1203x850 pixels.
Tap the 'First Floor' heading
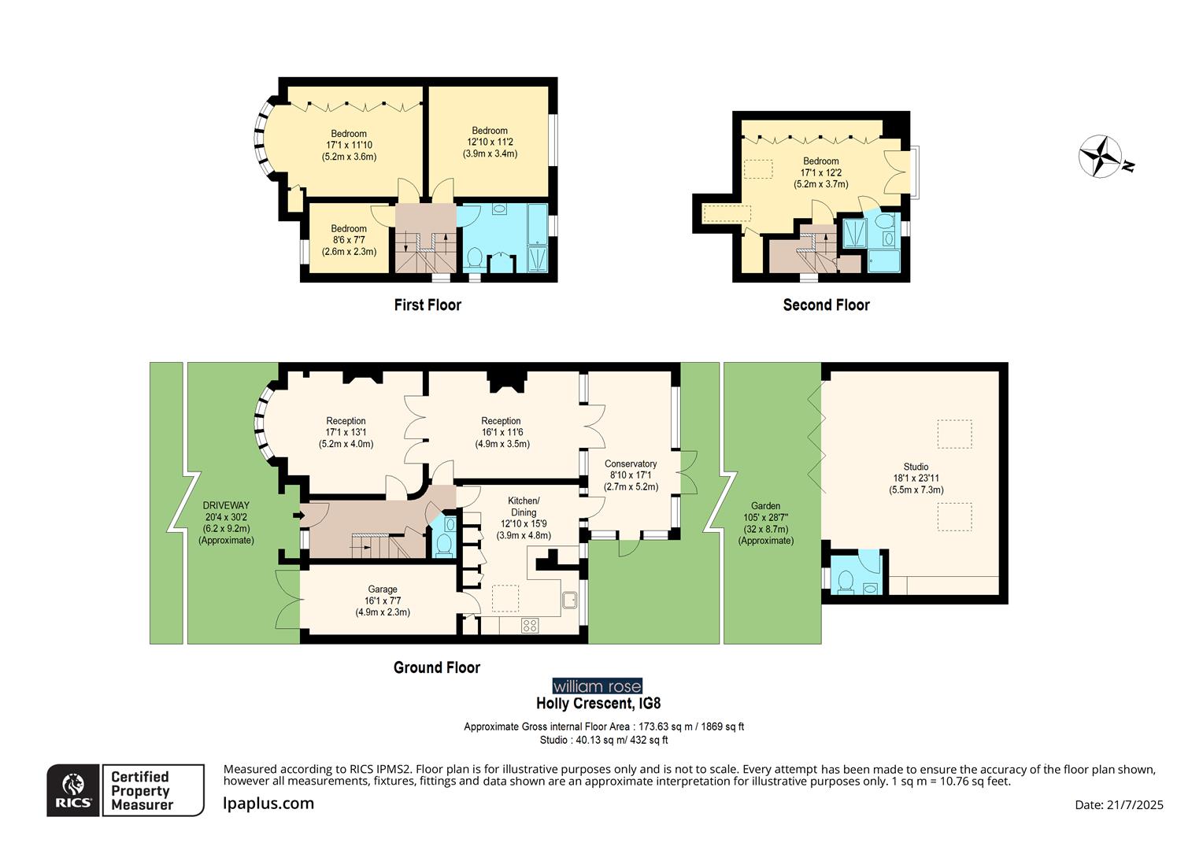click(428, 305)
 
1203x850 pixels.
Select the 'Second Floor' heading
click(826, 305)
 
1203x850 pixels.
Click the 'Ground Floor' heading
click(437, 667)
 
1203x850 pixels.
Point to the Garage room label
click(383, 589)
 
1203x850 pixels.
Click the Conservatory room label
click(631, 464)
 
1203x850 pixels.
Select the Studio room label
click(916, 467)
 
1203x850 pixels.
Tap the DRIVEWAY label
click(226, 505)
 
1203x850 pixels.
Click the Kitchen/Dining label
click(524, 506)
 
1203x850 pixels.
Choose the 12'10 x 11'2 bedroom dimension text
click(490, 142)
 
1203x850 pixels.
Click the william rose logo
click(597, 686)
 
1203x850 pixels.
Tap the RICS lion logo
click(73, 789)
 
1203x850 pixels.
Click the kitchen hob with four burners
click(530, 626)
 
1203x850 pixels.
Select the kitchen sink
click(570, 601)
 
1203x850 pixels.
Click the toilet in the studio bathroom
click(846, 580)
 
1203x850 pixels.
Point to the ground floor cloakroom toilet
click(444, 543)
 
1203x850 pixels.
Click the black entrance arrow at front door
click(298, 516)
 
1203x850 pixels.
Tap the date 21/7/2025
click(1119, 804)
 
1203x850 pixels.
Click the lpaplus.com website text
click(268, 804)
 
